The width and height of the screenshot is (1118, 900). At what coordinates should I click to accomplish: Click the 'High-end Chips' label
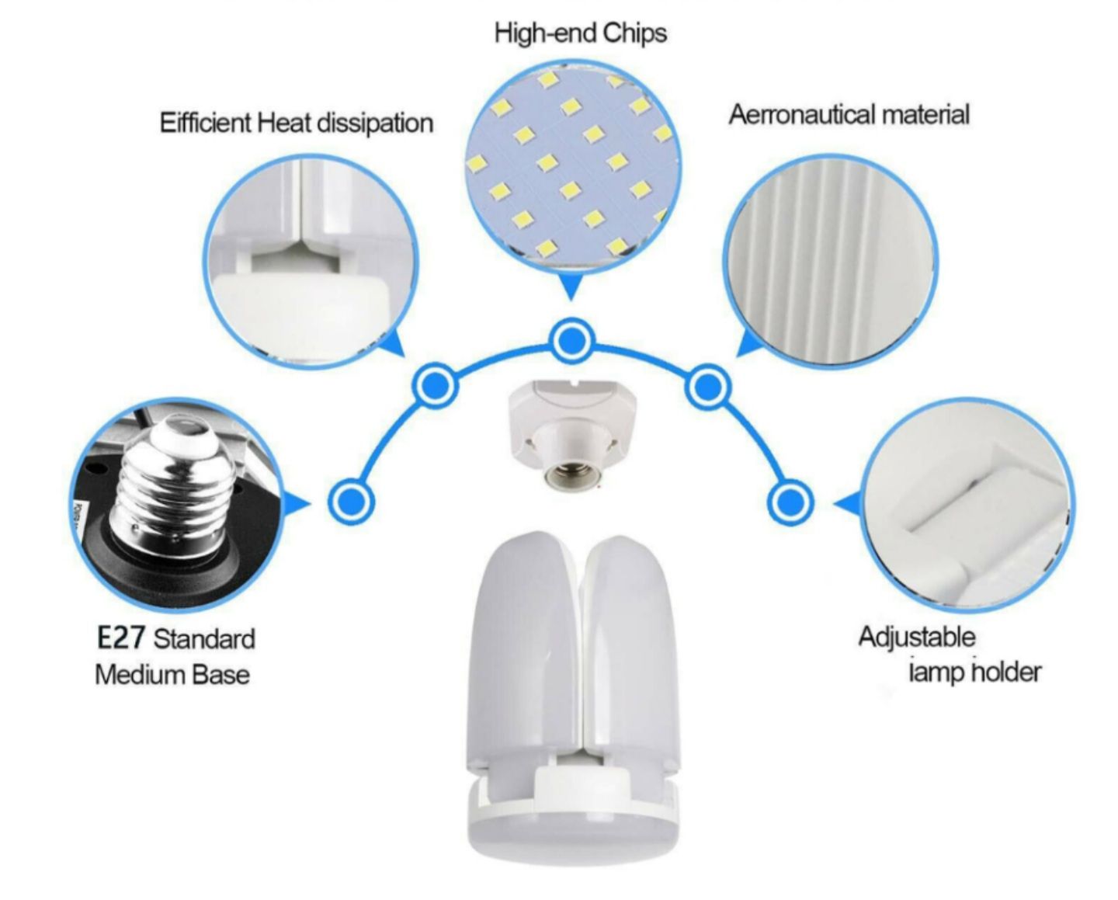tap(580, 33)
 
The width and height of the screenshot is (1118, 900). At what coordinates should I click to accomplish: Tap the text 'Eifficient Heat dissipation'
tap(296, 123)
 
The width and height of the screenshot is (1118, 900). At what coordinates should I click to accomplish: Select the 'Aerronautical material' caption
tap(849, 114)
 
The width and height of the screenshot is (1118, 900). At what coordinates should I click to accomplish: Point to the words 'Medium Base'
tap(172, 675)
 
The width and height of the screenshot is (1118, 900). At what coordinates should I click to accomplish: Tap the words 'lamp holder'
tap(975, 672)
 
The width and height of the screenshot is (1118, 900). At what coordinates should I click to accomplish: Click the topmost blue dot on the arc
tap(571, 342)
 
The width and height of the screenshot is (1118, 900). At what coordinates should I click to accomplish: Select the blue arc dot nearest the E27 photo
tap(351, 502)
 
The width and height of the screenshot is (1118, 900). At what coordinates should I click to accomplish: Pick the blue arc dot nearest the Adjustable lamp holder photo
tap(790, 502)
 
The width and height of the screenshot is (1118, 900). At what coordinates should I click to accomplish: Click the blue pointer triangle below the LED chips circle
tap(571, 287)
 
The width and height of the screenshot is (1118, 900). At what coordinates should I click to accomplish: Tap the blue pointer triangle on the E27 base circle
tap(297, 503)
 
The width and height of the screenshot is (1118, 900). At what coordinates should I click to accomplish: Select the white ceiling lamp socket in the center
tap(571, 431)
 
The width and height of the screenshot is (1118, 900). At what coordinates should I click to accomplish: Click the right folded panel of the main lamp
tap(630, 649)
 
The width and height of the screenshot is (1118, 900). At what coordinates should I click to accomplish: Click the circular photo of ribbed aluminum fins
tap(831, 262)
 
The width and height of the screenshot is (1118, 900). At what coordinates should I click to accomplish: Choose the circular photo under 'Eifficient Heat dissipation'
tap(310, 262)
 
